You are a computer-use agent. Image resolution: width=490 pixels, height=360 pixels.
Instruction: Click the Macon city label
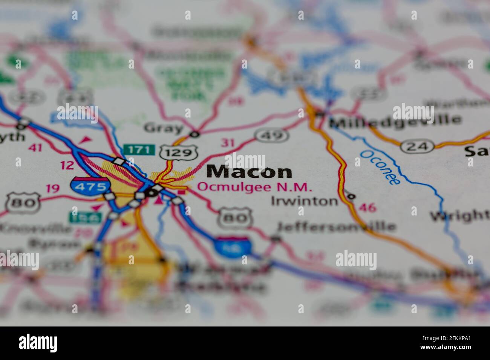pos(249,172)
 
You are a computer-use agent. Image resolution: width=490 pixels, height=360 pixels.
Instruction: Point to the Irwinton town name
pos(305,201)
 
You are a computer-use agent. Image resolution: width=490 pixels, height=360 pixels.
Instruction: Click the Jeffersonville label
pos(336,226)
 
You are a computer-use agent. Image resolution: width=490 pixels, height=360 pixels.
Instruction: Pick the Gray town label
pos(163,128)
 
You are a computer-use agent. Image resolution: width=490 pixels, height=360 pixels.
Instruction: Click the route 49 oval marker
pos(271,134)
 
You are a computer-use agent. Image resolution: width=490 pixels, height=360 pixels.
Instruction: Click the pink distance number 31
pos(227,143)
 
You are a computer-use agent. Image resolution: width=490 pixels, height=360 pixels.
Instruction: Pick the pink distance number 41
pos(35,148)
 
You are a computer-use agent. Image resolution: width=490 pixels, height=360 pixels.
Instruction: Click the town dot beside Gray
pos(194,134)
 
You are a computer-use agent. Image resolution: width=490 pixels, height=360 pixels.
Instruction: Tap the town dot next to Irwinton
pos(351,196)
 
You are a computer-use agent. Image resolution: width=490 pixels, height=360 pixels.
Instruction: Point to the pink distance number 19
pos(52,188)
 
